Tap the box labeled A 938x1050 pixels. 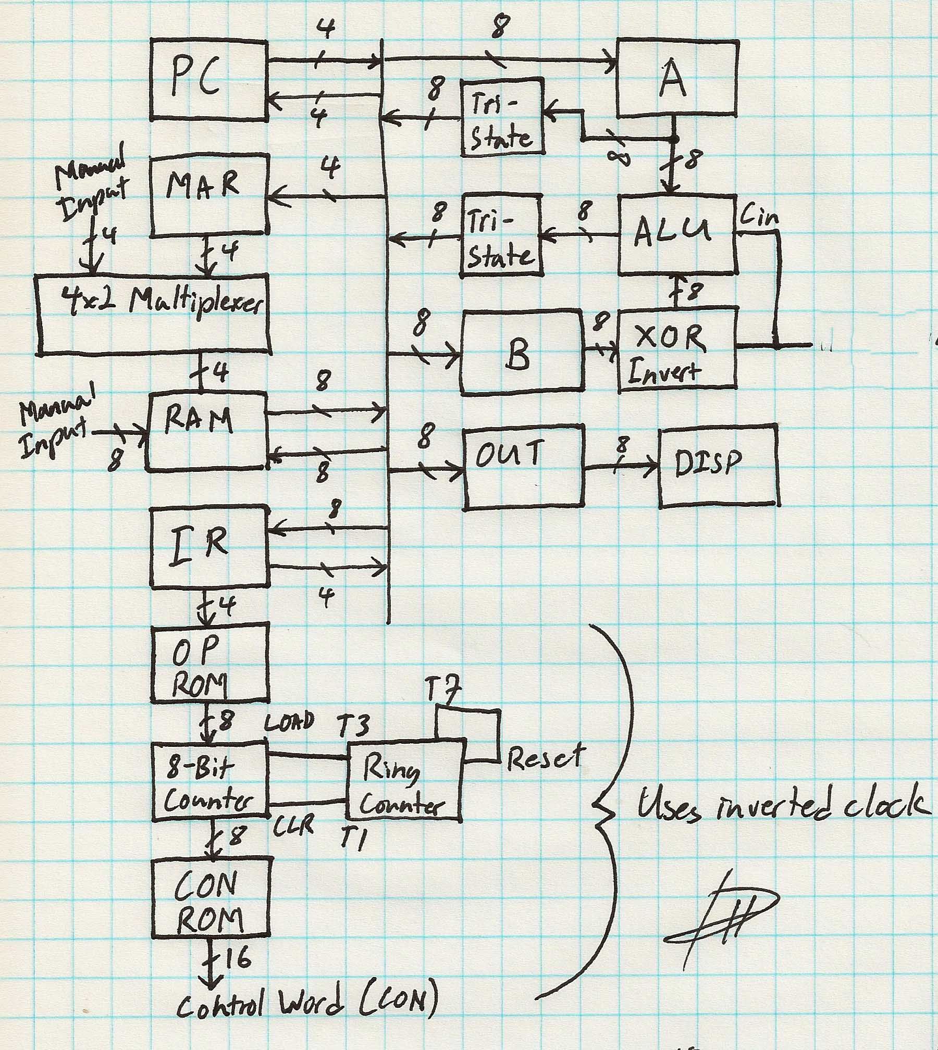click(x=676, y=78)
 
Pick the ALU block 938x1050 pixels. click(x=676, y=234)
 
